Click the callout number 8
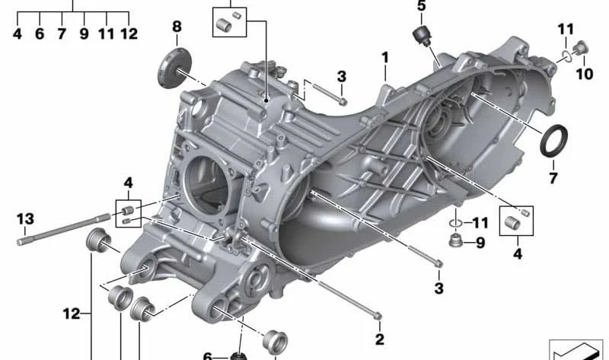pos(177,27)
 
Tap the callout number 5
pos(422,6)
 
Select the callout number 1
pos(385,58)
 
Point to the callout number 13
pos(25,218)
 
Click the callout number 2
pos(379,339)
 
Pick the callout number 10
pos(585,73)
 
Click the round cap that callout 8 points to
pos(175,68)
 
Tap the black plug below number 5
pos(422,36)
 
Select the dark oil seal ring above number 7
pos(553,141)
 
